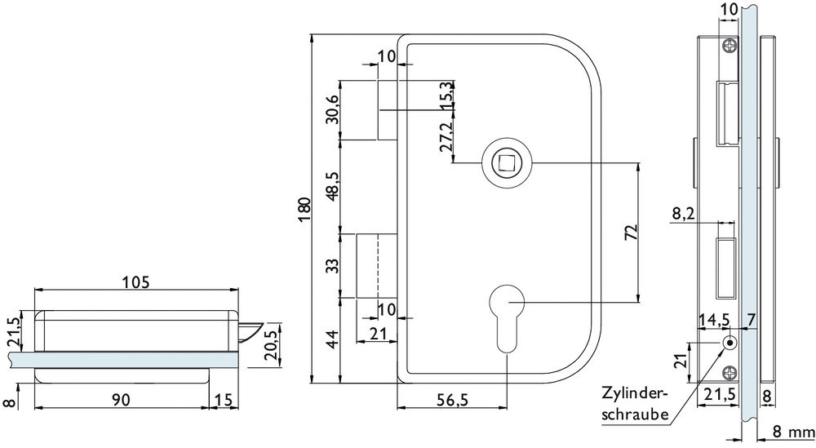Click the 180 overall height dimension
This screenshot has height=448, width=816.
[303, 209]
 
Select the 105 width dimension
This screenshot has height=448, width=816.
[135, 282]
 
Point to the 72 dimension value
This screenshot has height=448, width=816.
[629, 233]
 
